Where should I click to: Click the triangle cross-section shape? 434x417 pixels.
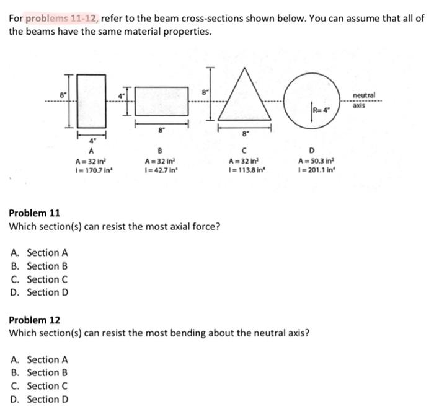(246, 102)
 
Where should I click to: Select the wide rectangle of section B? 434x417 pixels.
(162, 100)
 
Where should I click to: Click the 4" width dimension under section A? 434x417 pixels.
(91, 141)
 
